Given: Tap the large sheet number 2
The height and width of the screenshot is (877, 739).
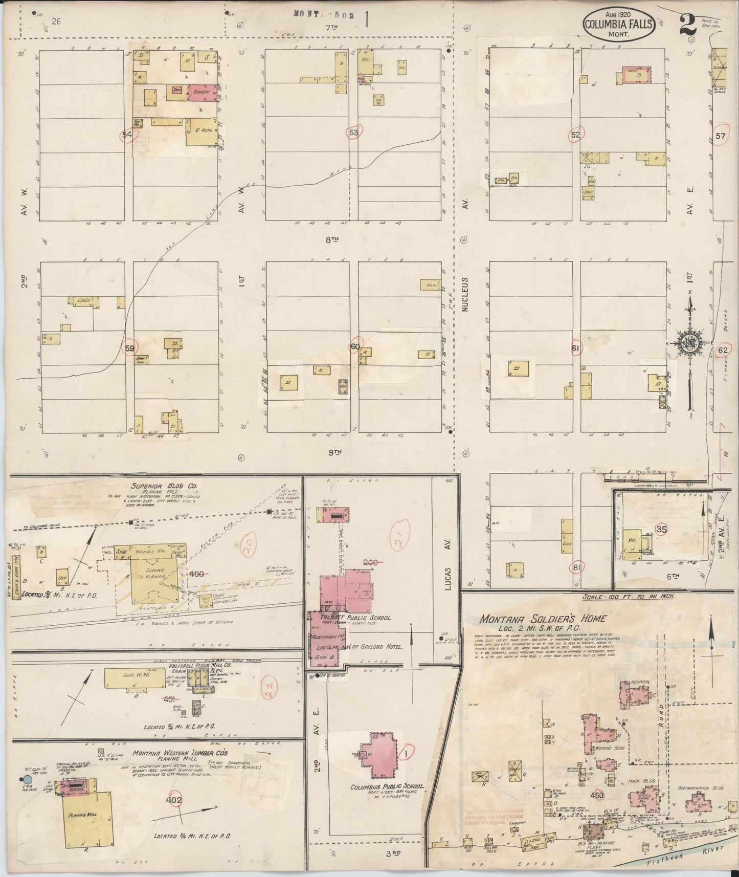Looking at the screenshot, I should click(687, 24).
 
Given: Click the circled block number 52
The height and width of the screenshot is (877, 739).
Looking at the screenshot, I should click(576, 135).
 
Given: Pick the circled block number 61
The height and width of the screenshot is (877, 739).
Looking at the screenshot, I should click(576, 349).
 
